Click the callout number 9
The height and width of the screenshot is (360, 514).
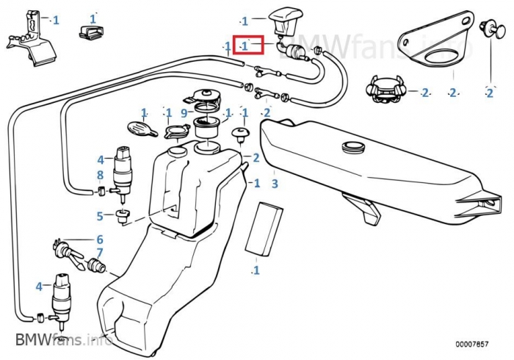(x=184, y=112)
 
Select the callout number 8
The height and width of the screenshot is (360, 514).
(x=101, y=175)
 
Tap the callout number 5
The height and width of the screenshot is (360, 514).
(x=100, y=216)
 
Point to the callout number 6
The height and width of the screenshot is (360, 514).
(x=100, y=240)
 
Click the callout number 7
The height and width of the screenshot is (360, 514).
(x=100, y=252)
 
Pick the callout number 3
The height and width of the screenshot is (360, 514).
(x=275, y=184)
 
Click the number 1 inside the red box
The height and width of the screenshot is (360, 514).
(x=245, y=46)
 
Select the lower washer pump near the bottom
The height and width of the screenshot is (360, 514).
(x=61, y=296)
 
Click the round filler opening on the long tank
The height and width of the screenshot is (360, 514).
(x=353, y=148)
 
